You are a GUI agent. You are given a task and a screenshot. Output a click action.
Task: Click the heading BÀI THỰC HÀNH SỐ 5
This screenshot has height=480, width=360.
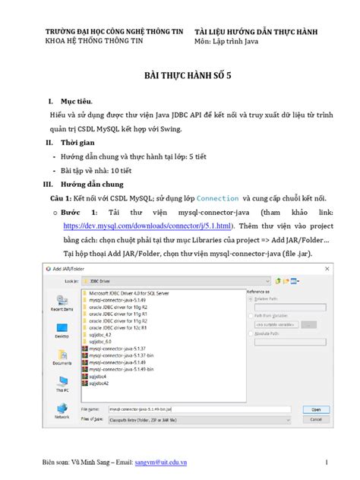pos(179,78)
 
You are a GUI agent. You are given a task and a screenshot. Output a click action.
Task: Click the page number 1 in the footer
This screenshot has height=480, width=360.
pos(324,462)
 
